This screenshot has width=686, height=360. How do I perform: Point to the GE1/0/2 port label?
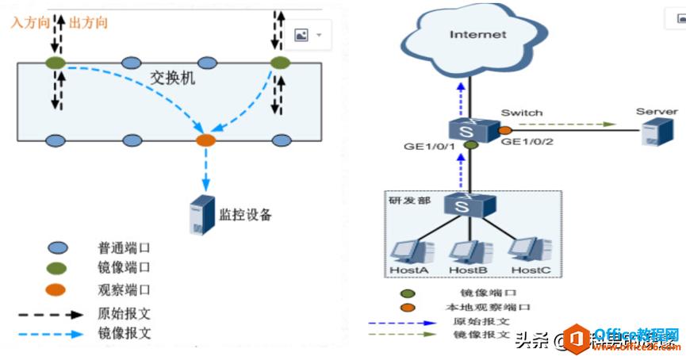click(528, 143)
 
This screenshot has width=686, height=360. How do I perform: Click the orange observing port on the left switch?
click(205, 140)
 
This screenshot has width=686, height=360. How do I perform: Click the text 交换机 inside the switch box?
click(172, 79)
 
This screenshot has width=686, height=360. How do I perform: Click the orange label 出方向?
click(88, 22)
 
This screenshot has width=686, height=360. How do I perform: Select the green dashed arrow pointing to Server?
click(565, 124)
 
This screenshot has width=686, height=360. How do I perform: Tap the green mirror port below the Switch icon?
click(471, 145)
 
